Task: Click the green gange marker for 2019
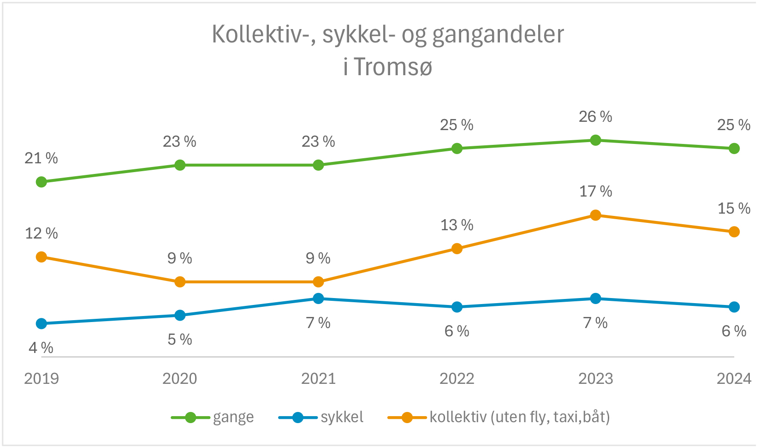[42, 182]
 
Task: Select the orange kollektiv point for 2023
[595, 215]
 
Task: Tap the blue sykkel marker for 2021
[318, 299]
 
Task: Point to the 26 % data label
[595, 117]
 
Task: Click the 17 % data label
[595, 191]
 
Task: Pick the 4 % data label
[41, 347]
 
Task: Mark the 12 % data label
[42, 233]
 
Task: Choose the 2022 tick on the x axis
[457, 379]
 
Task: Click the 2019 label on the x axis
[42, 379]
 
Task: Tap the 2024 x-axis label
[734, 379]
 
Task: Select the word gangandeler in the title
[498, 35]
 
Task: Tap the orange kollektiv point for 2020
[180, 282]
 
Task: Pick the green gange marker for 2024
[734, 149]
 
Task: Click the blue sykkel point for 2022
[457, 307]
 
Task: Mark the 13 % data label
[457, 225]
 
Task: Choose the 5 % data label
[180, 340]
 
